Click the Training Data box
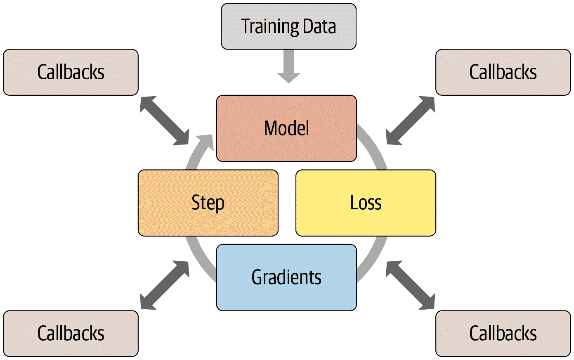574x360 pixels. (288, 26)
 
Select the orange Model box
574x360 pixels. (286, 128)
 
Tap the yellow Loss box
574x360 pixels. (366, 203)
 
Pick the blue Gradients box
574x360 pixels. (286, 277)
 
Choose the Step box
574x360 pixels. (208, 203)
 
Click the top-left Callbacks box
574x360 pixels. (71, 72)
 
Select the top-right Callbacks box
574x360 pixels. (503, 72)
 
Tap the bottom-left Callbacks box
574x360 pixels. (71, 334)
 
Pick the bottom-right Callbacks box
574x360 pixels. (503, 334)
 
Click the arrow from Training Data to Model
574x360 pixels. (289, 66)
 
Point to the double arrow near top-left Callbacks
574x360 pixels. (164, 121)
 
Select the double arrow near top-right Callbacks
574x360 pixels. (411, 121)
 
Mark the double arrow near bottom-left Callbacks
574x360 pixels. (164, 285)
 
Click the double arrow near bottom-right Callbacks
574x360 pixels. (411, 285)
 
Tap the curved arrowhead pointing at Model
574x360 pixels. (206, 143)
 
